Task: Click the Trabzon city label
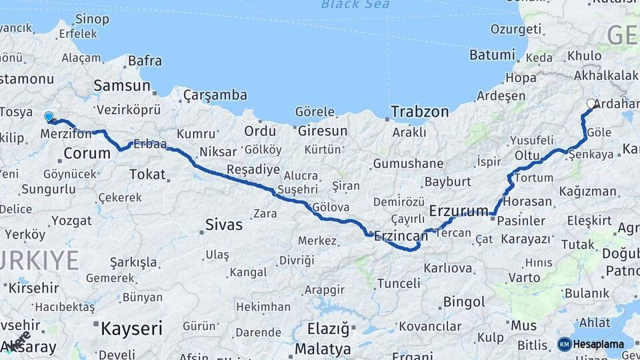tap(419, 111)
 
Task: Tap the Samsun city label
tap(122, 85)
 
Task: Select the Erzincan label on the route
tap(401, 235)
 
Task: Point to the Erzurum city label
tap(459, 211)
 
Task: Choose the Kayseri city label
tap(131, 328)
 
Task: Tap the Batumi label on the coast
tap(491, 55)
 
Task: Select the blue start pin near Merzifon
tap(49, 117)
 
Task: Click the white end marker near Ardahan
tap(591, 103)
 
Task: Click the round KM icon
tap(564, 344)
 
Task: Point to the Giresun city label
tap(323, 130)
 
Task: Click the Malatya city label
tap(323, 349)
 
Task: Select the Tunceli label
tap(399, 283)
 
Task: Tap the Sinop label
tap(93, 19)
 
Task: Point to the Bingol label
tap(464, 302)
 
